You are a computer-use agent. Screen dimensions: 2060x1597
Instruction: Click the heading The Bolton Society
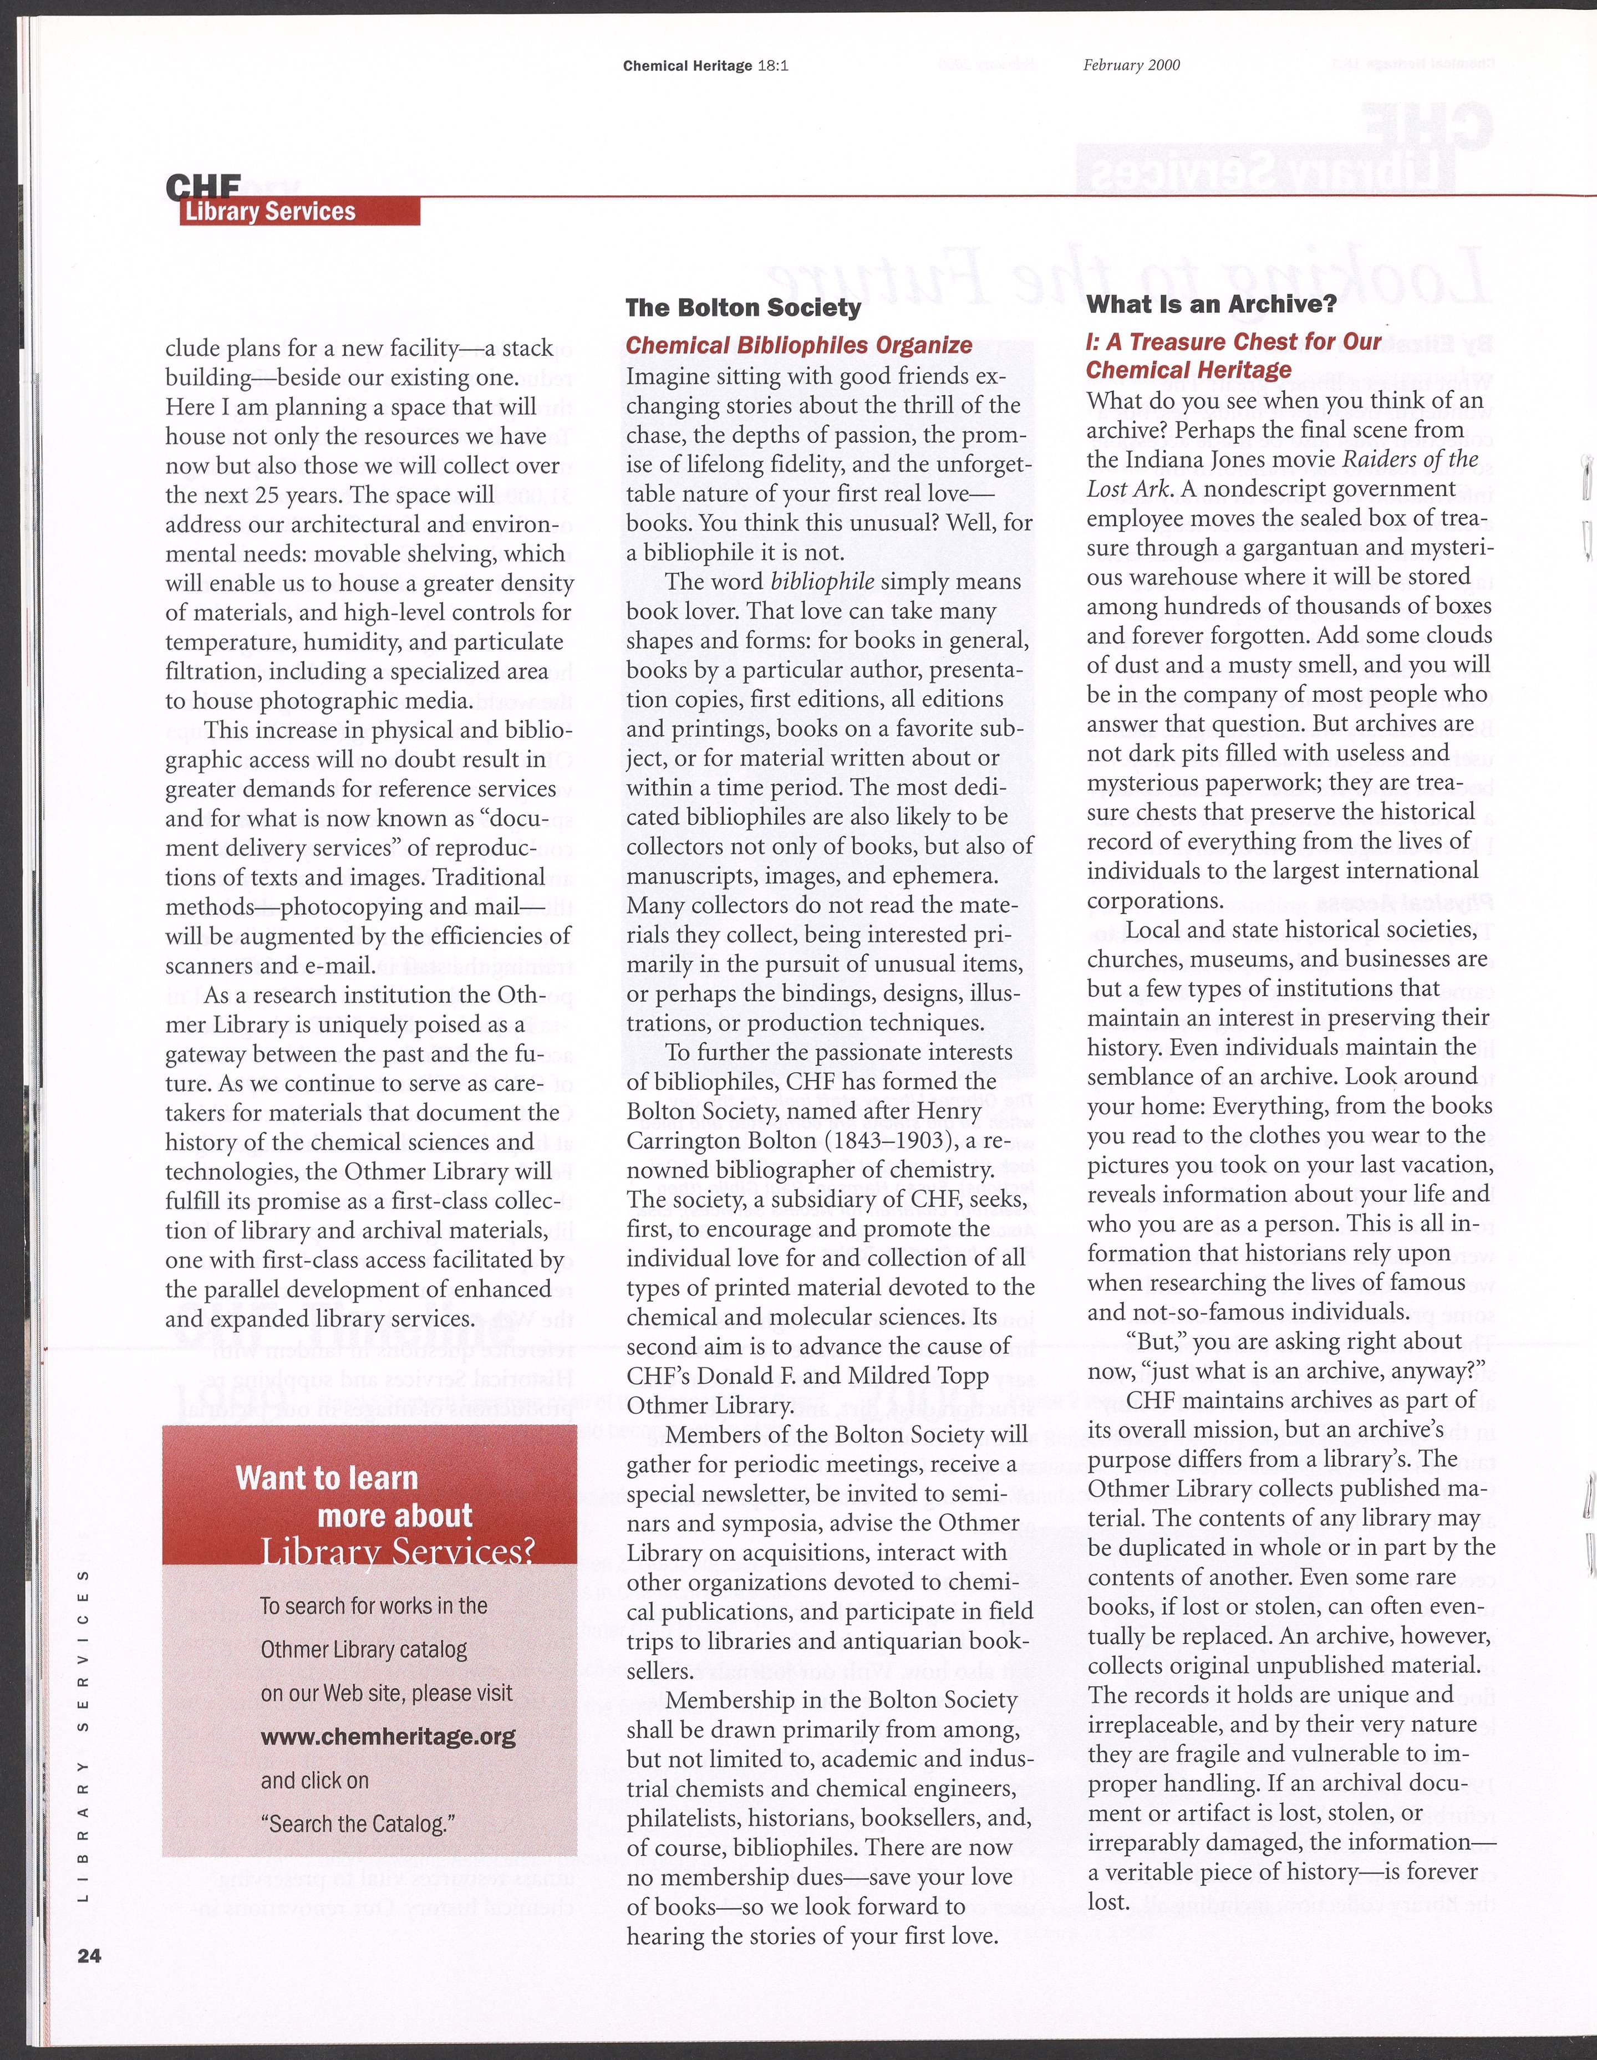(x=743, y=308)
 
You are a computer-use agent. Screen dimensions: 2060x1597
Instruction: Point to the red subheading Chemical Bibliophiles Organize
(x=799, y=345)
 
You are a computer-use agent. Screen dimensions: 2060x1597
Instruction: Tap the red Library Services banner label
(x=271, y=211)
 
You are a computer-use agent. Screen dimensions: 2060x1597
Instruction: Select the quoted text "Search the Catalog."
(x=357, y=1823)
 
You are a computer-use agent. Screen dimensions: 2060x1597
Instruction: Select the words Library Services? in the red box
(x=397, y=1551)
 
